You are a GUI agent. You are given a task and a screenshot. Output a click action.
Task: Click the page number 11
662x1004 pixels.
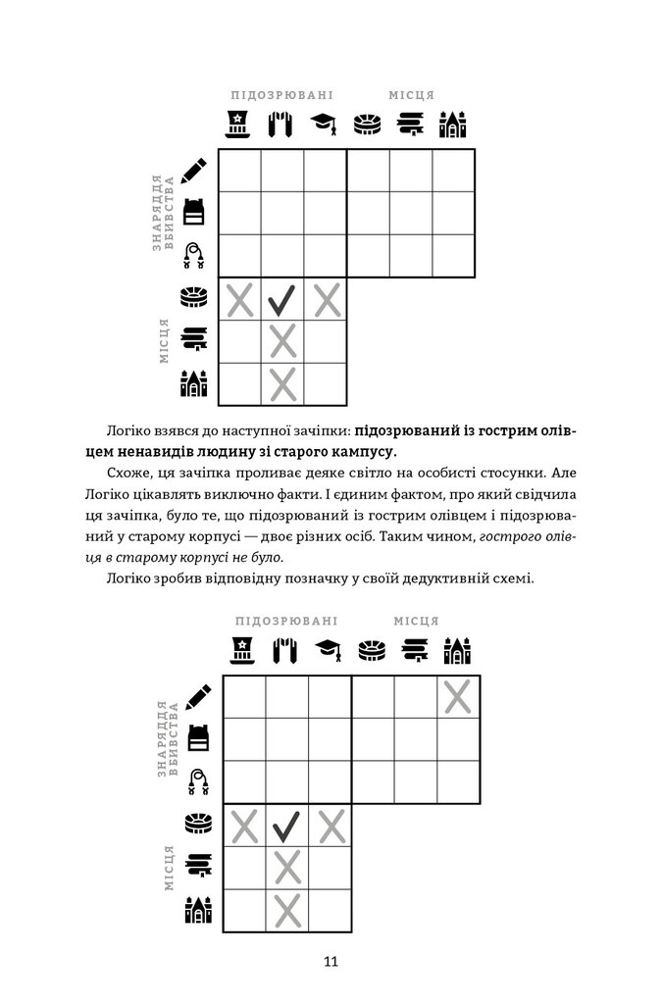coord(331,962)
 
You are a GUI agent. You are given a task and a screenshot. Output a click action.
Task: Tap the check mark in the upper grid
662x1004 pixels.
coord(282,299)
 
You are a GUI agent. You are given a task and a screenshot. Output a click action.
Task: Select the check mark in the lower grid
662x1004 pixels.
coord(286,828)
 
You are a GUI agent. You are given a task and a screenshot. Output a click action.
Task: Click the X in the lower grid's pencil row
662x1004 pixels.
coord(457,697)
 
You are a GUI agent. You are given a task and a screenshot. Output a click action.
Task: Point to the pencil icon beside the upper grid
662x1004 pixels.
coord(195,170)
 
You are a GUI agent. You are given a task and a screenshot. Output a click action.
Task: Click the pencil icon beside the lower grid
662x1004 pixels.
coord(199,697)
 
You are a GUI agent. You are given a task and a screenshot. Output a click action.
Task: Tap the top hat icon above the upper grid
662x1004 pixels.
coord(238,125)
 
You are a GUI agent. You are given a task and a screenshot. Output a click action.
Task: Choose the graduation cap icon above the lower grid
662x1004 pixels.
coord(328,649)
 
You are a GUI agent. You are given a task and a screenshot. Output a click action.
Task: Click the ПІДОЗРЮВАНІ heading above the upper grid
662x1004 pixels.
coord(281,96)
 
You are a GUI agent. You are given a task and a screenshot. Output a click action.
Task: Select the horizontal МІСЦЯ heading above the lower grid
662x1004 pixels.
coord(416,621)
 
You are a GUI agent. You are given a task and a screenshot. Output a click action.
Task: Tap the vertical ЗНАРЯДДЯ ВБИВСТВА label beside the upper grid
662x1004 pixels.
coord(163,214)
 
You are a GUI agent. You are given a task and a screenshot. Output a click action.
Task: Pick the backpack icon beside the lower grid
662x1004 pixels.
coord(199,740)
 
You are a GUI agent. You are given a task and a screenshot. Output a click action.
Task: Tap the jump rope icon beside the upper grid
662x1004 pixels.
coord(196,256)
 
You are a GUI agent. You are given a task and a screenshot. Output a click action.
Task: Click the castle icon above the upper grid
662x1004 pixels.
coord(452,125)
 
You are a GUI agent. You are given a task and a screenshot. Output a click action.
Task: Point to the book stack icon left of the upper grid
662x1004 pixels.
coord(194,341)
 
